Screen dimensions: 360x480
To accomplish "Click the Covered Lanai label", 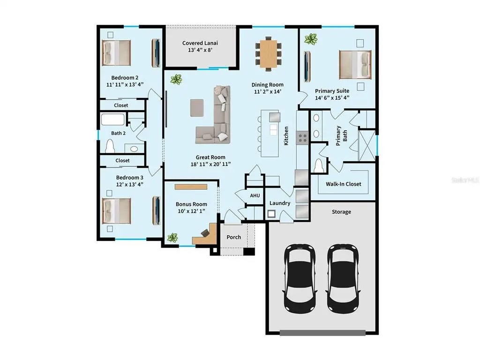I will tap(200, 43).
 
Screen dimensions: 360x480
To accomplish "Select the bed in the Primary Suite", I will tap(355, 64).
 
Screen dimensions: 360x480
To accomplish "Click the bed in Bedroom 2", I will tap(117, 52).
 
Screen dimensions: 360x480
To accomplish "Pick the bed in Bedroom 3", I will tap(117, 210).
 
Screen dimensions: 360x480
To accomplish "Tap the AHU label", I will tap(255, 195).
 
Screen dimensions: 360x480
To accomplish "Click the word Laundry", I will tap(280, 203).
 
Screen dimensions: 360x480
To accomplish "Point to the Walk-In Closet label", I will tap(344, 184).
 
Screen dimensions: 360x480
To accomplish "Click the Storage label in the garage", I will tap(341, 212).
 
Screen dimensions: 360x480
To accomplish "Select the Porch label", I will tap(233, 237).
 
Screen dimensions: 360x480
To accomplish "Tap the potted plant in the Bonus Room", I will tap(173, 238).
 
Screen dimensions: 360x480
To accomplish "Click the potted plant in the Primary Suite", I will tap(310, 39).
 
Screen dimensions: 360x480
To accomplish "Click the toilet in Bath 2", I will tap(111, 147).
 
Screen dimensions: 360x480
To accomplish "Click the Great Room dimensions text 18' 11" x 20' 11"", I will tap(210, 164).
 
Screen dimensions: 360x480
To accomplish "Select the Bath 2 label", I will tap(118, 133).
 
